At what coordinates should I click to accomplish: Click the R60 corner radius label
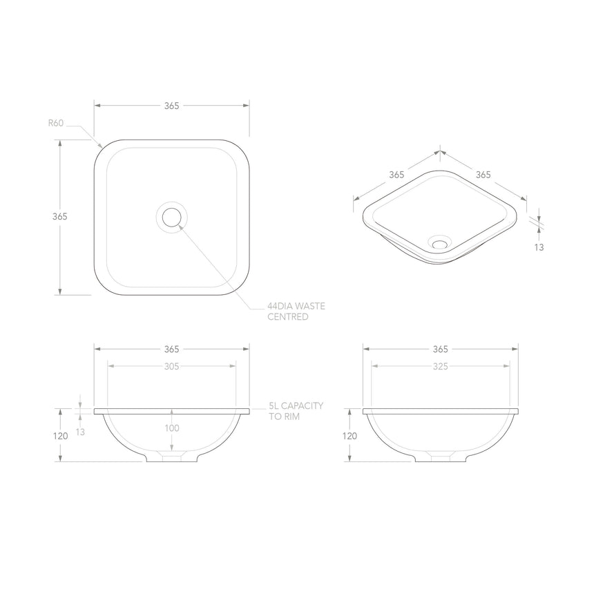click(56, 123)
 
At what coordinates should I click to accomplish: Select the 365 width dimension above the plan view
click(171, 106)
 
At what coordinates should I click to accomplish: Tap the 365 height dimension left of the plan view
click(60, 216)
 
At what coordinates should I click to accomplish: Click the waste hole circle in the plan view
click(171, 218)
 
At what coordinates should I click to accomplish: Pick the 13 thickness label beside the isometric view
click(539, 247)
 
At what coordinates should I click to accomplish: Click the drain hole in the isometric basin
click(439, 242)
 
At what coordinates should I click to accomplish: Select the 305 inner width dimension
click(171, 367)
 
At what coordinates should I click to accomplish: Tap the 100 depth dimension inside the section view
click(171, 428)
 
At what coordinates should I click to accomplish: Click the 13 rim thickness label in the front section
click(82, 432)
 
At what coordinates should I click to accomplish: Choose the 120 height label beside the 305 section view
click(60, 436)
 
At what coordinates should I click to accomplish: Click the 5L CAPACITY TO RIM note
click(296, 412)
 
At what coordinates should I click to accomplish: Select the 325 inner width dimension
click(441, 367)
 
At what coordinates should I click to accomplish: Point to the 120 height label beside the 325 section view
click(350, 436)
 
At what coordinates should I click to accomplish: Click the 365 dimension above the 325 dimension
click(441, 349)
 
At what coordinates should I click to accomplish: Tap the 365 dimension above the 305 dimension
click(171, 349)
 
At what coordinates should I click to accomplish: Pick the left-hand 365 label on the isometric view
click(396, 175)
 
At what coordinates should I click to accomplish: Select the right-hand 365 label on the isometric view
click(483, 175)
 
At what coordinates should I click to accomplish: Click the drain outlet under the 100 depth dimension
click(171, 457)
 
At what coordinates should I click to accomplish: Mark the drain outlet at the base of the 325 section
click(441, 457)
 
